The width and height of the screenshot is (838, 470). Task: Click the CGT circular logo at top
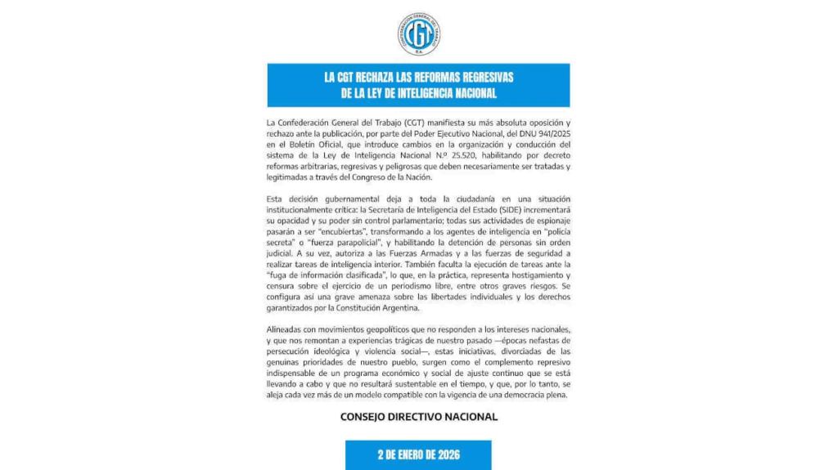click(419, 34)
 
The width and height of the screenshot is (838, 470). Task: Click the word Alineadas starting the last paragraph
click(287, 329)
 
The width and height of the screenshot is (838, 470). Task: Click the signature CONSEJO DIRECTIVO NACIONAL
click(418, 417)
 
